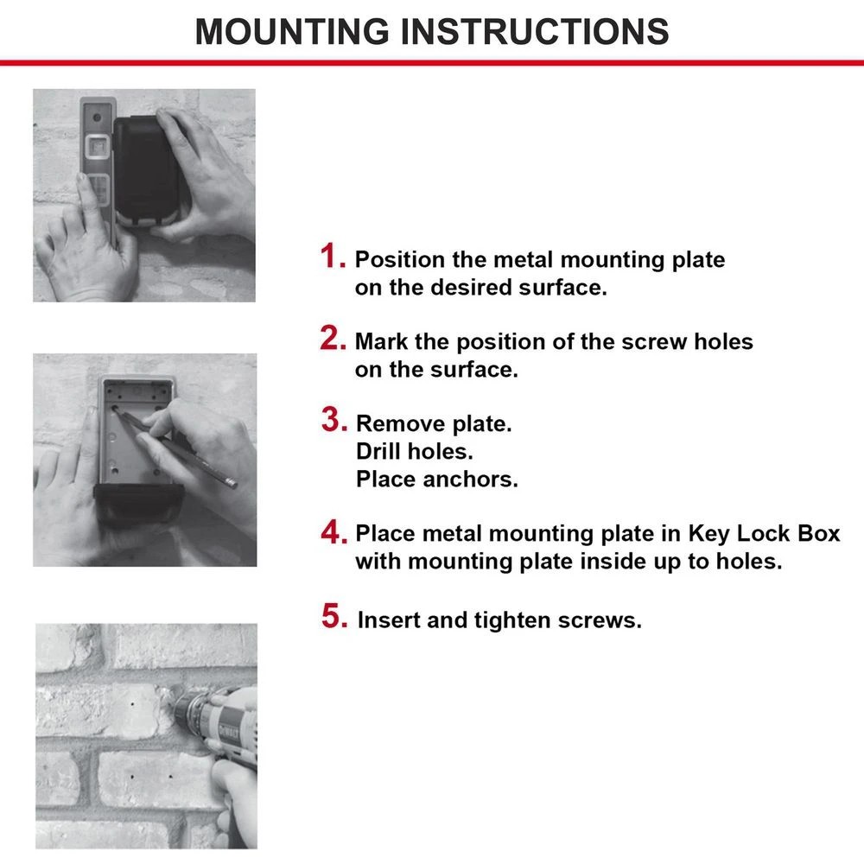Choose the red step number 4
334,532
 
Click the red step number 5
334,617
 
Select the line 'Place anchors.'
437,480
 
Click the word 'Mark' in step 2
382,341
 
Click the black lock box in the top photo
147,168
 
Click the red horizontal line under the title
432,62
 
